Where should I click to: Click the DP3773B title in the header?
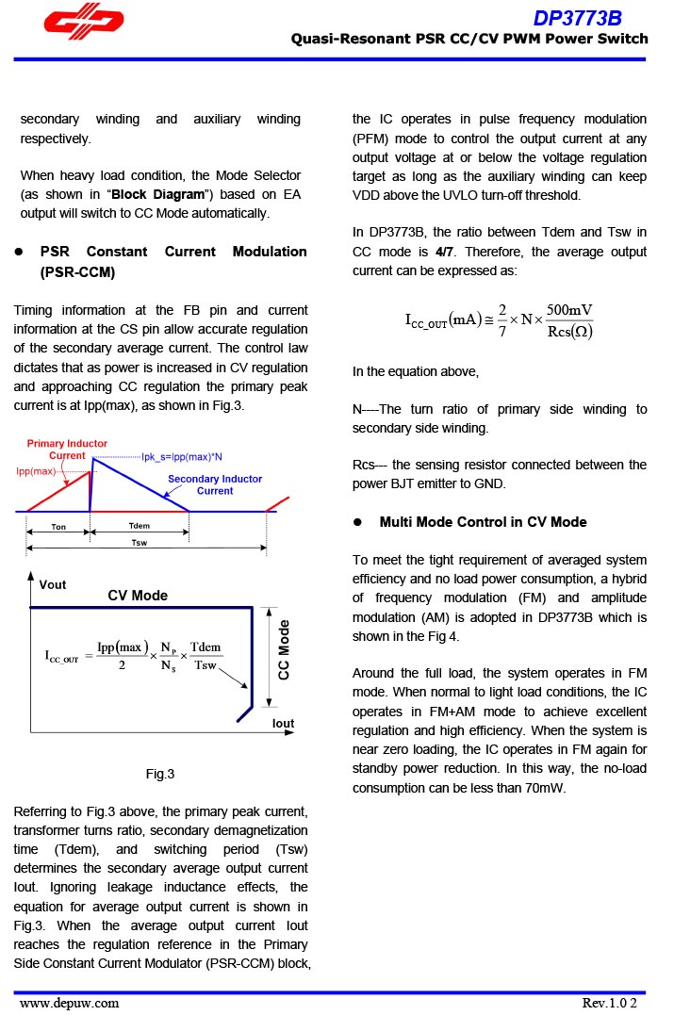pyautogui.click(x=577, y=18)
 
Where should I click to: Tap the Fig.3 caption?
pyautogui.click(x=159, y=775)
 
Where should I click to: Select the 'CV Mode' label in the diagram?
pyautogui.click(x=138, y=596)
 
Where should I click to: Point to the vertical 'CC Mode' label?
pyautogui.click(x=284, y=649)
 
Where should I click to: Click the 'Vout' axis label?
pyautogui.click(x=53, y=585)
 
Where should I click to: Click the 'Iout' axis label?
pyautogui.click(x=283, y=724)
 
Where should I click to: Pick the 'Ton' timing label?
pyautogui.click(x=58, y=527)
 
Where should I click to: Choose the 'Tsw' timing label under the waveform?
pyautogui.click(x=139, y=543)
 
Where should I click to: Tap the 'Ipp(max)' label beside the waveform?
pyautogui.click(x=36, y=470)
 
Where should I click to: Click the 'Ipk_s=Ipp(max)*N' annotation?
pyautogui.click(x=182, y=457)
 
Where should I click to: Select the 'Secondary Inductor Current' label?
pyautogui.click(x=215, y=484)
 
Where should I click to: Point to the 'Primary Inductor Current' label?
pyautogui.click(x=67, y=450)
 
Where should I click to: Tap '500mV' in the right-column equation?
pyautogui.click(x=569, y=311)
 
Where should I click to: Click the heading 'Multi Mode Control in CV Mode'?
pyautogui.click(x=483, y=522)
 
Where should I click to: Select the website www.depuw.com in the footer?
pyautogui.click(x=70, y=1003)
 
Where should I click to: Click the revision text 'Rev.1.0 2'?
pyautogui.click(x=616, y=1003)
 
